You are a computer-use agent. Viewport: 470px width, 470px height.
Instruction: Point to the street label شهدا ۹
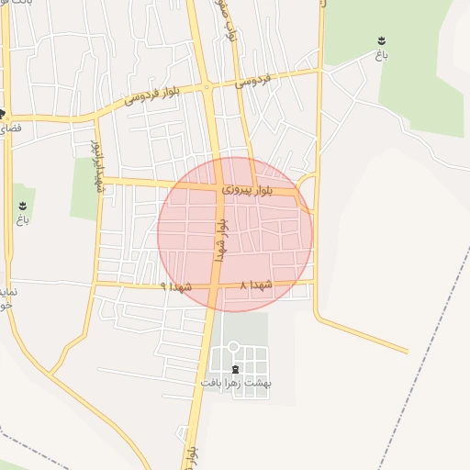175,286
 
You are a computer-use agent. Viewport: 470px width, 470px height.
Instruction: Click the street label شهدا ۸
256,285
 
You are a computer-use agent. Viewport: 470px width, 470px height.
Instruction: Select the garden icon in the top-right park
381,40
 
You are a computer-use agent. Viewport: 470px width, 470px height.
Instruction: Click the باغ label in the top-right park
381,55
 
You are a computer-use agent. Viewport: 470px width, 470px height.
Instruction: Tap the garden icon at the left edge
21,206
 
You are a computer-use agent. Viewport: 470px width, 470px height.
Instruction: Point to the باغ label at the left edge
21,220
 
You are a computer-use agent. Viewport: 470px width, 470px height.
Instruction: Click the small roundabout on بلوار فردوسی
210,88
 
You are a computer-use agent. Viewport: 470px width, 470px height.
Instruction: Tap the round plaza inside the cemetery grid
233,346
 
